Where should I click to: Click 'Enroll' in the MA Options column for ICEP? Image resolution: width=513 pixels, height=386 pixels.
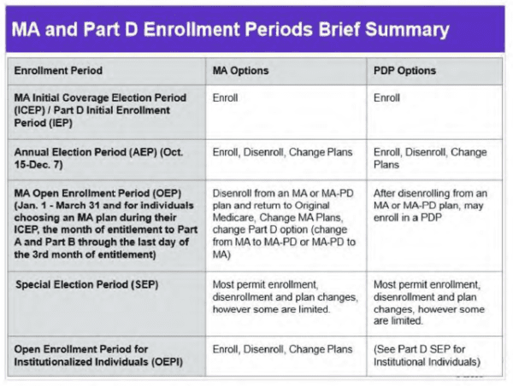(x=225, y=98)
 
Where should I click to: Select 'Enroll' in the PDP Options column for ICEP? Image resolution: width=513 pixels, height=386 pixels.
(x=386, y=98)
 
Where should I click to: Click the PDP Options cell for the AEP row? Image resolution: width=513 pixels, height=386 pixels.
(x=430, y=158)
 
